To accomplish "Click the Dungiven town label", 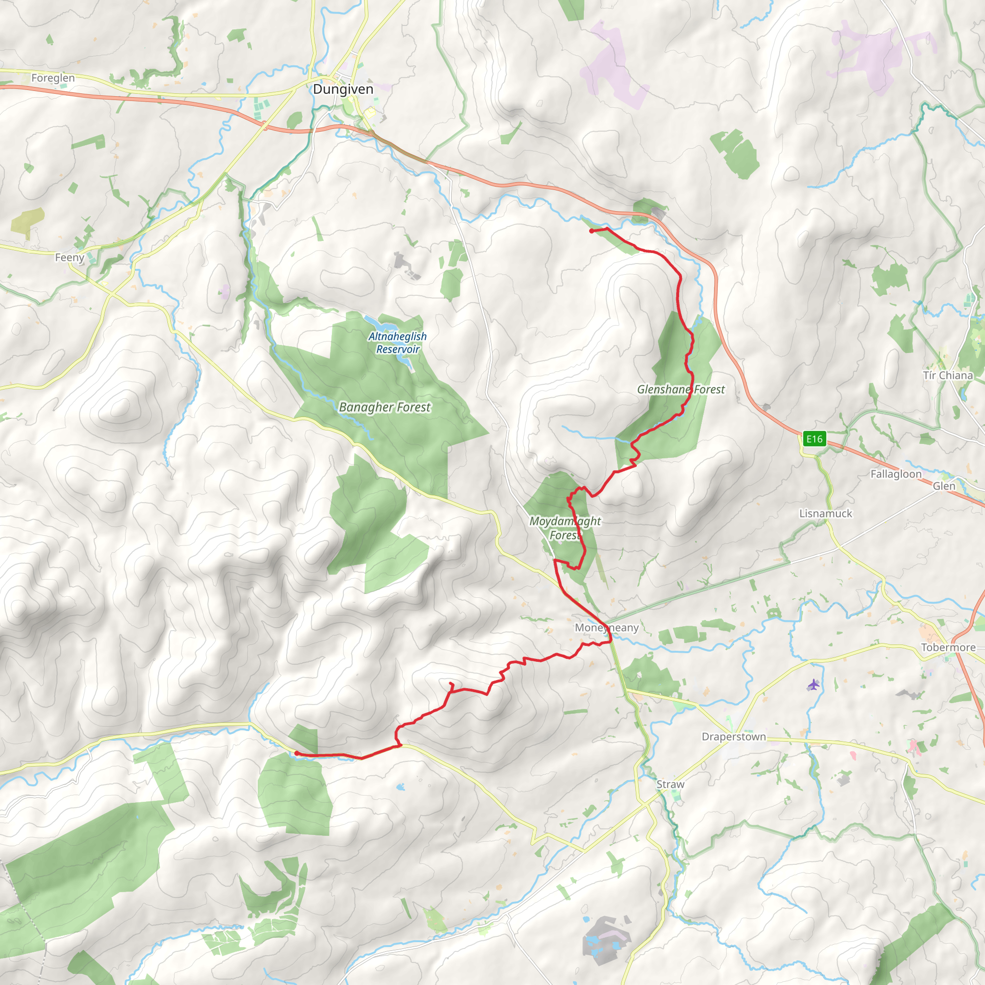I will [x=342, y=89].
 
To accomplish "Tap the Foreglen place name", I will [x=53, y=78].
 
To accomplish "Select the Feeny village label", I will [x=70, y=257].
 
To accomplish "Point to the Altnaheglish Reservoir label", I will [x=398, y=342].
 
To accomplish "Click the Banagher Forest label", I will [x=385, y=407].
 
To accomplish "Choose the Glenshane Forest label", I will [x=681, y=390].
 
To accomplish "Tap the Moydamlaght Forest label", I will [x=565, y=528].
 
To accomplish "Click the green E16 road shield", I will [x=814, y=439].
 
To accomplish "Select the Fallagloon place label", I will [x=896, y=474].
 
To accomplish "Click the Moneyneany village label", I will [x=606, y=628].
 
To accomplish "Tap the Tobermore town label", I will [x=948, y=647].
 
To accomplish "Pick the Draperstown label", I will [x=733, y=737].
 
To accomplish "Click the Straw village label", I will [x=670, y=784].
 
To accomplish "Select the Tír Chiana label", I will [x=948, y=375].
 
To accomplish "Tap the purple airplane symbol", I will [x=814, y=684].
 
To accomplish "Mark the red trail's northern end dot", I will [x=592, y=231].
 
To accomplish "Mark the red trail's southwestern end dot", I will [x=297, y=754].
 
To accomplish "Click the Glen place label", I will [x=944, y=486].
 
